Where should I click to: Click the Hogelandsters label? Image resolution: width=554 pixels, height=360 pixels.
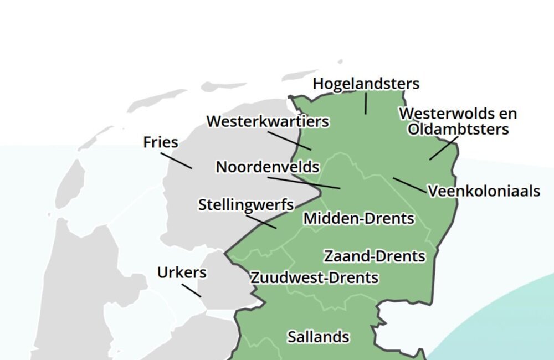366,84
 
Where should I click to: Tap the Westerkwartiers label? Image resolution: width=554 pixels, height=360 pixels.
268,121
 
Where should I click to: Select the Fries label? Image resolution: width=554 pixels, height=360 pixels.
161,142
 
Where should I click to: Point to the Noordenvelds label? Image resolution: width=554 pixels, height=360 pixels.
268,167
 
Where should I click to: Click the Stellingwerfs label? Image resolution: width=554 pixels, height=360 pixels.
246,205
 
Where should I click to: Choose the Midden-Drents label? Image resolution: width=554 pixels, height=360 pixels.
358,219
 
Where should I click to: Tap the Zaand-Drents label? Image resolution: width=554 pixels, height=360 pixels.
375,256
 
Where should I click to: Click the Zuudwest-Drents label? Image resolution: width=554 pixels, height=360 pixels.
314,277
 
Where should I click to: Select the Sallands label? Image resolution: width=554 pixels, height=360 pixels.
318,337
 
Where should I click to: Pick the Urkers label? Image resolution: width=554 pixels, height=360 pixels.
182,272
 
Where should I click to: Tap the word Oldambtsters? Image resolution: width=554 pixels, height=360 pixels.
458,129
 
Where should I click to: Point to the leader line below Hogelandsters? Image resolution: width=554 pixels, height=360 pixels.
366,104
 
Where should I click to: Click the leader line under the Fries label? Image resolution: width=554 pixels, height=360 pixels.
176,160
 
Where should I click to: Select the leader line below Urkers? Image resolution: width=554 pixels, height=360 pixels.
191,290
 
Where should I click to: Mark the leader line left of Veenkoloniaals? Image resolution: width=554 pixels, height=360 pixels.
409,186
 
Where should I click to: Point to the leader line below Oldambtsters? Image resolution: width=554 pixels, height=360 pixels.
444,148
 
